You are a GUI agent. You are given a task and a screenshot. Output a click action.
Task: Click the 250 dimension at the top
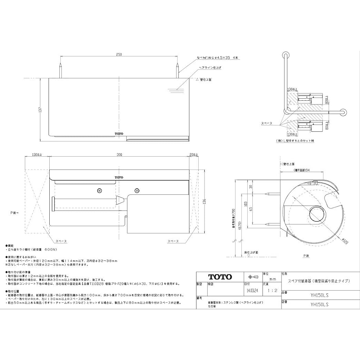click(x=119, y=54)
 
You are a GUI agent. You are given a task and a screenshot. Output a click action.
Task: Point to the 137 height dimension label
click(x=41, y=109)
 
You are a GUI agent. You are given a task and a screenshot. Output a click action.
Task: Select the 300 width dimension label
click(x=119, y=154)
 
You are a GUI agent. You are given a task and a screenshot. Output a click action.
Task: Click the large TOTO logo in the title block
click(x=220, y=277)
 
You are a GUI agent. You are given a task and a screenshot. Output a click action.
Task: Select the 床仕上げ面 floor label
click(x=251, y=252)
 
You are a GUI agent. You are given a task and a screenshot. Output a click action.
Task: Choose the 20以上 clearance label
click(x=194, y=154)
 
